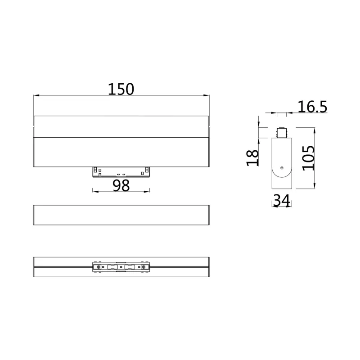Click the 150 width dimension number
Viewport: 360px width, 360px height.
click(121, 89)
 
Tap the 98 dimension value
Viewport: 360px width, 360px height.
click(121, 185)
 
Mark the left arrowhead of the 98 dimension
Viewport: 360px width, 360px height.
click(94, 191)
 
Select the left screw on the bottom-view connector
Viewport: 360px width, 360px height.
click(99, 267)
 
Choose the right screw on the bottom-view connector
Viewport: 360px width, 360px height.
click(144, 267)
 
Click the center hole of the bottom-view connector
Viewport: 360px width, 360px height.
click(121, 267)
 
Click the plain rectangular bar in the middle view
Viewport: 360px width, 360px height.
click(121, 215)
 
